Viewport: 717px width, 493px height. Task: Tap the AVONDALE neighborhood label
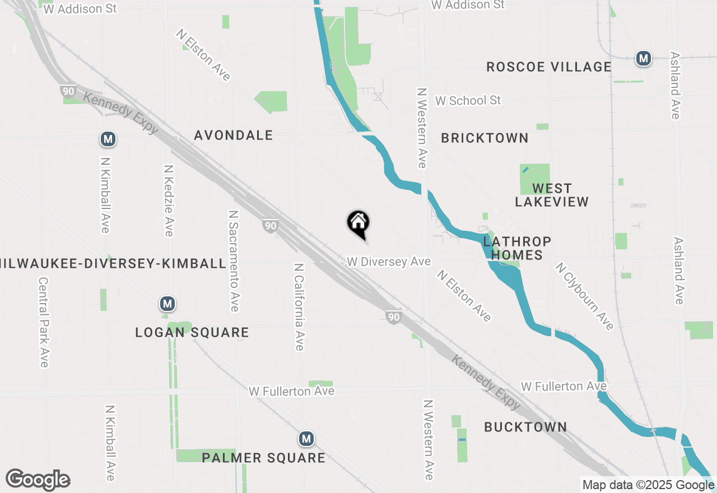(x=234, y=135)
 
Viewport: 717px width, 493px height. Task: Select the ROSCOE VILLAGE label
(x=548, y=67)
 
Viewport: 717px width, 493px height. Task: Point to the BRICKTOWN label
(x=485, y=138)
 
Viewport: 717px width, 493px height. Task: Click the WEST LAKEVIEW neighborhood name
(x=552, y=195)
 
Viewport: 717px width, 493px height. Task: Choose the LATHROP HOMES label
(x=517, y=248)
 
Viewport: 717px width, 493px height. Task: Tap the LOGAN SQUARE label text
(x=192, y=332)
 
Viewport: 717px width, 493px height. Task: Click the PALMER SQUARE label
(x=263, y=458)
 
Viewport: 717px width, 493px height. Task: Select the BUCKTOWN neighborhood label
(x=525, y=427)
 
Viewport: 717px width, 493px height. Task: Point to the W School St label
(x=468, y=100)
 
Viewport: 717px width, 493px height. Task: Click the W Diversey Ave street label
(x=389, y=262)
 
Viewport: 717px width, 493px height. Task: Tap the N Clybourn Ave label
(x=585, y=296)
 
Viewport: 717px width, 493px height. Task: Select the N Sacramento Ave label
(x=234, y=261)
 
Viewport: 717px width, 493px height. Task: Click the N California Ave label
(x=299, y=307)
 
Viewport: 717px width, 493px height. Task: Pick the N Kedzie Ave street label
(x=169, y=200)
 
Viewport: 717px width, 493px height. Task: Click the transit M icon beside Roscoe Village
(x=644, y=58)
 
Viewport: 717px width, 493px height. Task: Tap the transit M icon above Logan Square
(x=167, y=304)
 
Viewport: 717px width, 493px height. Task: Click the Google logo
(x=38, y=480)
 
